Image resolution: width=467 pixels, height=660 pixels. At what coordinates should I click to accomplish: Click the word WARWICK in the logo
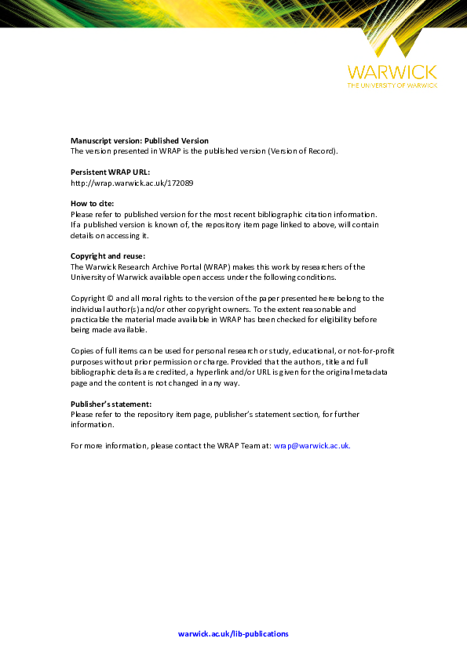click(x=392, y=72)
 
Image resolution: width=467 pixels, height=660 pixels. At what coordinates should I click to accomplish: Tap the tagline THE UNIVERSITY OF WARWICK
click(x=392, y=85)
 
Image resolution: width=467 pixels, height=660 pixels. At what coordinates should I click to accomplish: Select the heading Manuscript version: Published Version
click(x=140, y=141)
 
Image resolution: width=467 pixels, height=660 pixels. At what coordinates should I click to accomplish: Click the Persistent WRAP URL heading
click(x=110, y=172)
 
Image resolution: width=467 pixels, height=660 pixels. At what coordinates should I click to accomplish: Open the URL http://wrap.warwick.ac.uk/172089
click(x=132, y=183)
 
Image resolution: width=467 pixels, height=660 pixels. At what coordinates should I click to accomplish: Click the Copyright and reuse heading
click(x=108, y=256)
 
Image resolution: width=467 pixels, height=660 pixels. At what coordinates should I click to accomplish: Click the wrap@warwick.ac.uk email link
click(x=312, y=445)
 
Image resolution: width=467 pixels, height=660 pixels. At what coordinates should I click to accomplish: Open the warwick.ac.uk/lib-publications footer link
click(x=233, y=633)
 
